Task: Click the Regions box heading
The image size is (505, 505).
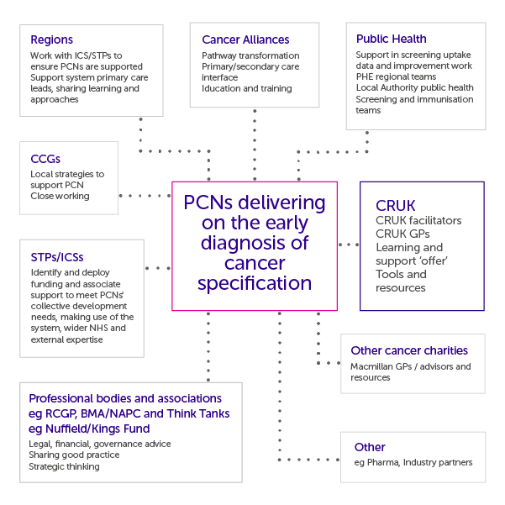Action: (x=51, y=39)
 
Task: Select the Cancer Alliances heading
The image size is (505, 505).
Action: (x=245, y=39)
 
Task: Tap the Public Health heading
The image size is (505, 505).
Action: (x=391, y=39)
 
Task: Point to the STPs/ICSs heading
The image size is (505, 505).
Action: (x=56, y=256)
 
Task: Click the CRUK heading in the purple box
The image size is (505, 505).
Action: (x=396, y=205)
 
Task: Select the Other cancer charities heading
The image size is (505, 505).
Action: (x=408, y=350)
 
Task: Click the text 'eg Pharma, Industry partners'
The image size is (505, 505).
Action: (x=413, y=462)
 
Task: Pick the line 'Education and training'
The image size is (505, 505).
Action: (x=247, y=88)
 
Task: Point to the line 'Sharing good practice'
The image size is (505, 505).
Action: (x=74, y=455)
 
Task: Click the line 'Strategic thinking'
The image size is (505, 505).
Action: (x=64, y=466)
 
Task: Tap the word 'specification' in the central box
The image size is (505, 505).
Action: (x=255, y=282)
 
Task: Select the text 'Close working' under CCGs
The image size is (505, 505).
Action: (x=60, y=196)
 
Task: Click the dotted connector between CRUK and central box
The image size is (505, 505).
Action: (x=349, y=245)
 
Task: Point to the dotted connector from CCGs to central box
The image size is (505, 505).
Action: (x=145, y=195)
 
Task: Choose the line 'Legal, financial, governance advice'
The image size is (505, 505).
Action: (x=99, y=443)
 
